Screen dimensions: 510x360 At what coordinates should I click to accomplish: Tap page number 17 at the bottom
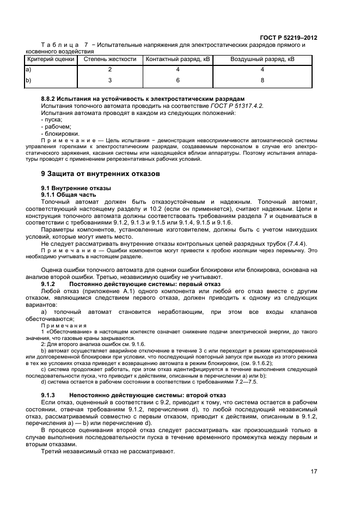314,472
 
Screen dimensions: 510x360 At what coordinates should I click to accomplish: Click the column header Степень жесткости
109,59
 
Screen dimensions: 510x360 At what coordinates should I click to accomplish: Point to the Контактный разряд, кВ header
178,59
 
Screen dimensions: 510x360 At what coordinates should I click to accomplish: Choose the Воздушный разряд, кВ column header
263,59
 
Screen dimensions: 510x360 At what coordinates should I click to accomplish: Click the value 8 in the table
263,80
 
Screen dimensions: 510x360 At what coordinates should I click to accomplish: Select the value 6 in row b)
178,80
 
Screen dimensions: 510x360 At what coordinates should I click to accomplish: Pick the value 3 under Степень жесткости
109,80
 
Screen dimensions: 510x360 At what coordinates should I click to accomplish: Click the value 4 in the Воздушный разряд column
263,70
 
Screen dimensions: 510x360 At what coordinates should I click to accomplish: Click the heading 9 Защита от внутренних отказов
101,174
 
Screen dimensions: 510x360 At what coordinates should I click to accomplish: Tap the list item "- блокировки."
60,133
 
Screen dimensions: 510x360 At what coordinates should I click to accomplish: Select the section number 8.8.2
50,98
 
